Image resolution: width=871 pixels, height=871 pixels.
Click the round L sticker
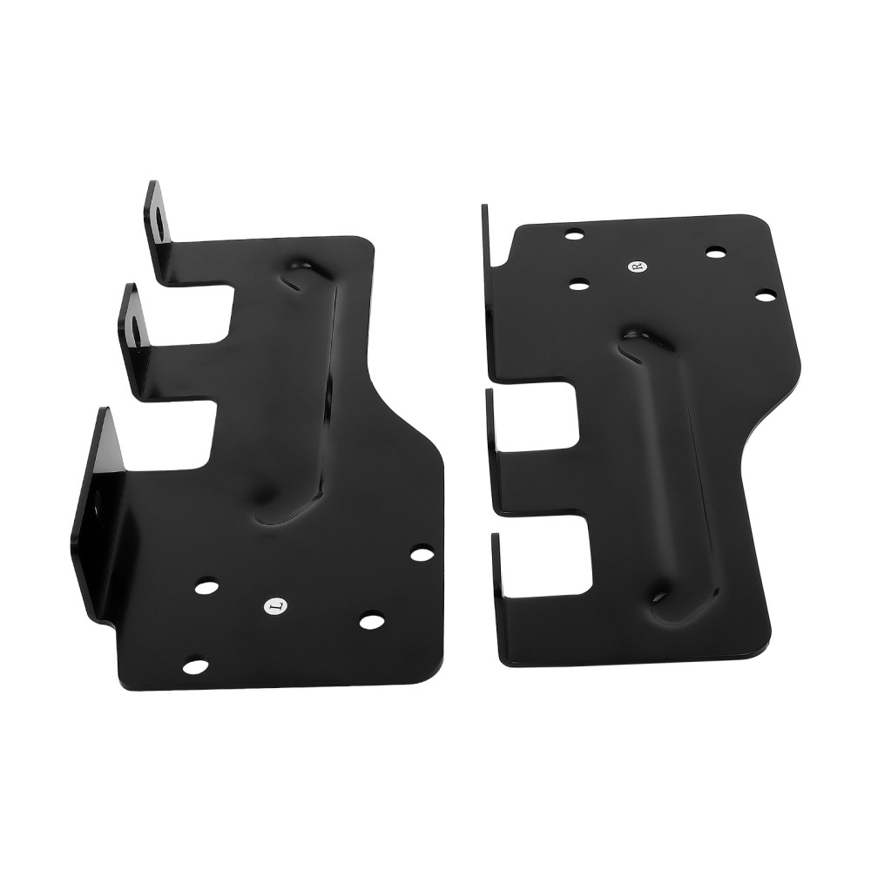pos(274,604)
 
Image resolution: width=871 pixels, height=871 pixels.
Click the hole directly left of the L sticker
pos(206,587)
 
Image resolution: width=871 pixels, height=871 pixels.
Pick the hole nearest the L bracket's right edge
pos(422,552)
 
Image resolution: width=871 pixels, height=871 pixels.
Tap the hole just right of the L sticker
pos(372,621)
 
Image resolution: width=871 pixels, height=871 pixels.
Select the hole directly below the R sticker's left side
pos(577,283)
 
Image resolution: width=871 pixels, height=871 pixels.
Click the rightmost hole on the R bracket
pos(765,297)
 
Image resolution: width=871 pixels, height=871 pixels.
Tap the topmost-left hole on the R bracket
pos(574,233)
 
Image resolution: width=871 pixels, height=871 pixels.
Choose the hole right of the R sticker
pos(715,253)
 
